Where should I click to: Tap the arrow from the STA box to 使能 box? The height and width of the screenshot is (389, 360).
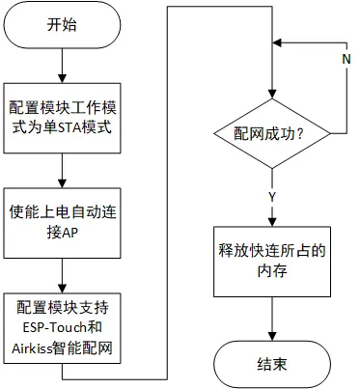[61, 170]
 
